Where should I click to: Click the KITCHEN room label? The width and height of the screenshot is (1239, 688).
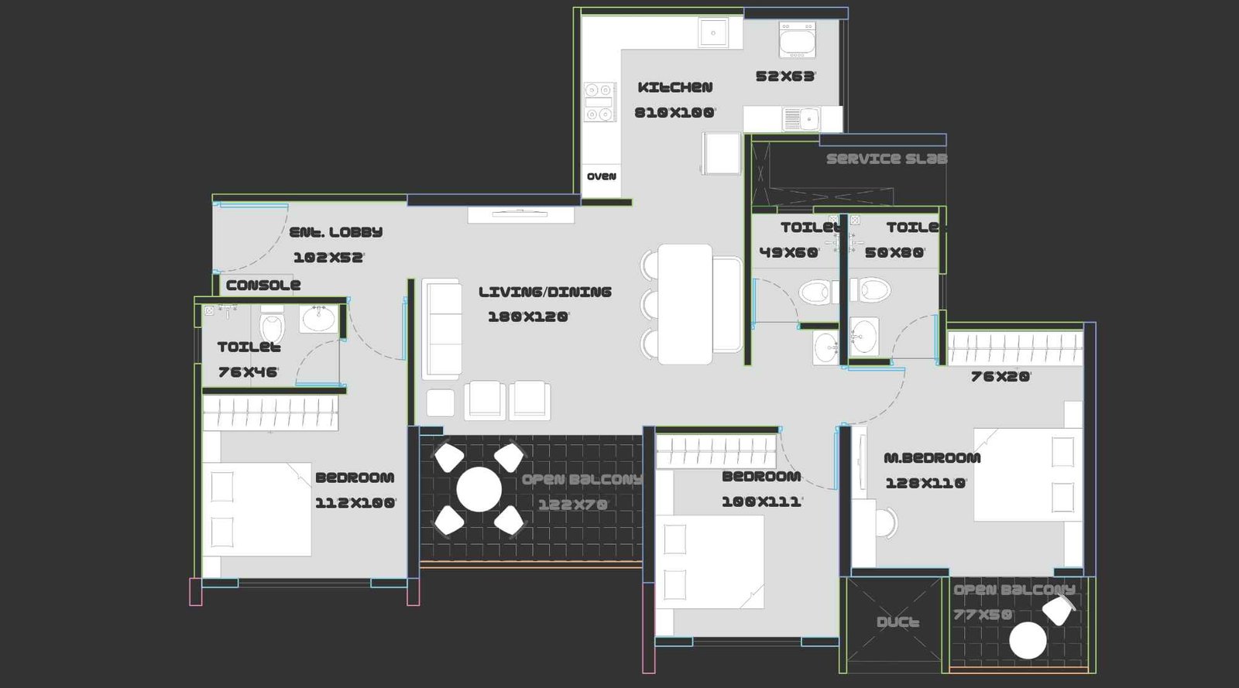pos(674,87)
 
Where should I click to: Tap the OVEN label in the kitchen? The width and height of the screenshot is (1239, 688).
pos(602,176)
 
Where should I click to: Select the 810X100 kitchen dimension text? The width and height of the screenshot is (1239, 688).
pos(674,113)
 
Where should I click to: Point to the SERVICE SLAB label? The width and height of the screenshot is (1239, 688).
pos(886,159)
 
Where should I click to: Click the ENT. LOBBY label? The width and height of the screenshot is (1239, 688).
pos(335,232)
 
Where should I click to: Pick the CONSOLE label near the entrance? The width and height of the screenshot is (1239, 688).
pos(263,285)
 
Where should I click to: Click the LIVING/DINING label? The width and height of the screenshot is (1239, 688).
pos(544,292)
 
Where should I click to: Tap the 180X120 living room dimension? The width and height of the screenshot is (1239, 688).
pos(528,317)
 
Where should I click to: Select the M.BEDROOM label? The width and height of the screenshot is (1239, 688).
pos(932,457)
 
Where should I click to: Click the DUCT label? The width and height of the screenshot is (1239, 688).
pos(898,622)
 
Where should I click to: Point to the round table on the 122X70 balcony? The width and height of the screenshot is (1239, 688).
pos(479,489)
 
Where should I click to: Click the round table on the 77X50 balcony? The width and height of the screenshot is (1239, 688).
pos(1028,641)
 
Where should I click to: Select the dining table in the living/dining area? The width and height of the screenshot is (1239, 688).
pos(685,304)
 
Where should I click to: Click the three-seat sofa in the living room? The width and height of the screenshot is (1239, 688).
pos(441,329)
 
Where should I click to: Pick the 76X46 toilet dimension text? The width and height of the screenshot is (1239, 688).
pos(248,372)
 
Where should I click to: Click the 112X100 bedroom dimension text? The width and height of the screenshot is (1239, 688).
pos(355,503)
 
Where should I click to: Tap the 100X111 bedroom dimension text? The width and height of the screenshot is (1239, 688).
pos(761,501)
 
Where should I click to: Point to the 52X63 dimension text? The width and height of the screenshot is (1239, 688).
pos(785,77)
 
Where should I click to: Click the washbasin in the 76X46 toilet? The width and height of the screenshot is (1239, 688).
pos(318,318)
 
